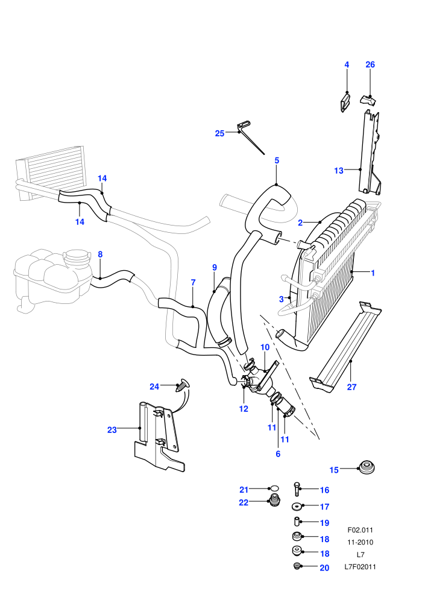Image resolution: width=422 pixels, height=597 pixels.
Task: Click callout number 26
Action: (x=370, y=65)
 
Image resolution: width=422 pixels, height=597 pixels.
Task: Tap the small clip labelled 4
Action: (x=345, y=104)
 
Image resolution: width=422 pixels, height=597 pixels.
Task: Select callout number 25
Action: (x=219, y=133)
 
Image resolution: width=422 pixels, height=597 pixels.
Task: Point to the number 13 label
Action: (x=338, y=171)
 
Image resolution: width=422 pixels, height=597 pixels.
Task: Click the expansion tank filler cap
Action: (x=77, y=257)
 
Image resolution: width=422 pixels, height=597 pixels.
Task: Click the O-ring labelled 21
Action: (x=274, y=488)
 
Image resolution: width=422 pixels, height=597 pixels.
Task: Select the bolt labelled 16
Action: (x=297, y=489)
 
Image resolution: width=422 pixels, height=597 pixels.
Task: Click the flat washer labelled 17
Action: (x=297, y=507)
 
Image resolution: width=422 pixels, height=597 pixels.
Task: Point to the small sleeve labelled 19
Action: (x=297, y=521)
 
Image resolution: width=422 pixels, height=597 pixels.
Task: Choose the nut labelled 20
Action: (x=297, y=566)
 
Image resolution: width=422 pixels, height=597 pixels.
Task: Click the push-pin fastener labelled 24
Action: (x=183, y=385)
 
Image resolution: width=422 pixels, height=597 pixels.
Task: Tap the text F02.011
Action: (x=360, y=529)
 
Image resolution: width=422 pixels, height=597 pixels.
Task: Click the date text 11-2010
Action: (x=360, y=542)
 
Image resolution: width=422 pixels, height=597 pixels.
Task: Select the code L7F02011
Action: (x=360, y=566)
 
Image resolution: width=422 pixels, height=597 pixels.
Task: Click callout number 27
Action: (x=351, y=387)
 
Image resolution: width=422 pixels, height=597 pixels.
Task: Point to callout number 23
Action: (x=112, y=430)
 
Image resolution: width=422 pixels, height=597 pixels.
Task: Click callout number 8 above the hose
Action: (x=100, y=254)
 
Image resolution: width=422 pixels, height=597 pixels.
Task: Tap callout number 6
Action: (x=278, y=454)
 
